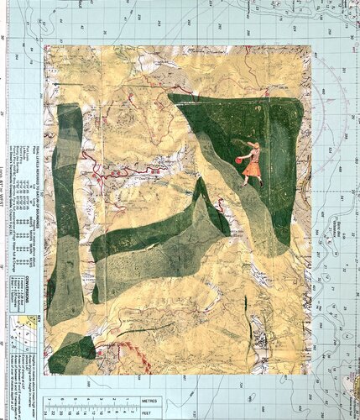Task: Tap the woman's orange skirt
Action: [251, 170]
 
